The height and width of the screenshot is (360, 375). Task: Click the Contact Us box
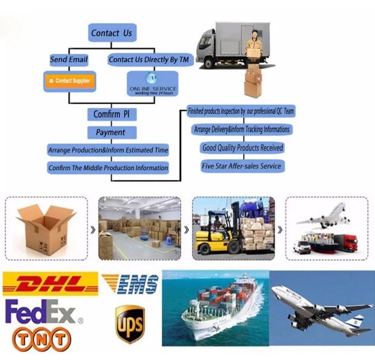coord(112,33)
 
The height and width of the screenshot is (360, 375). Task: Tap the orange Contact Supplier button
coord(70,80)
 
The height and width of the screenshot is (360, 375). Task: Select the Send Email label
coord(69,60)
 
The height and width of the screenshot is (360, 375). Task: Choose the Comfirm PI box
coord(112,115)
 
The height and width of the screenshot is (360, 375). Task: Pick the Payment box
coord(111,133)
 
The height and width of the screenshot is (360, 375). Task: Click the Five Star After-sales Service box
coord(242,166)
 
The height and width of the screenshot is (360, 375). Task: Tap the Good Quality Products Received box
coord(243,147)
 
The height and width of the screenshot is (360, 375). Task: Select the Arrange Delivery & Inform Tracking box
coord(242,130)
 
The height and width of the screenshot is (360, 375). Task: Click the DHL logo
coord(44,285)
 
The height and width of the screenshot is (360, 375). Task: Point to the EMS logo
coord(130,285)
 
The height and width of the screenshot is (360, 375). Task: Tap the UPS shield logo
coord(130,324)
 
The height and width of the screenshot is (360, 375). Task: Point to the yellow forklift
coord(218,233)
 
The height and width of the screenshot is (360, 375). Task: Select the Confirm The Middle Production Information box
coord(108,168)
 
